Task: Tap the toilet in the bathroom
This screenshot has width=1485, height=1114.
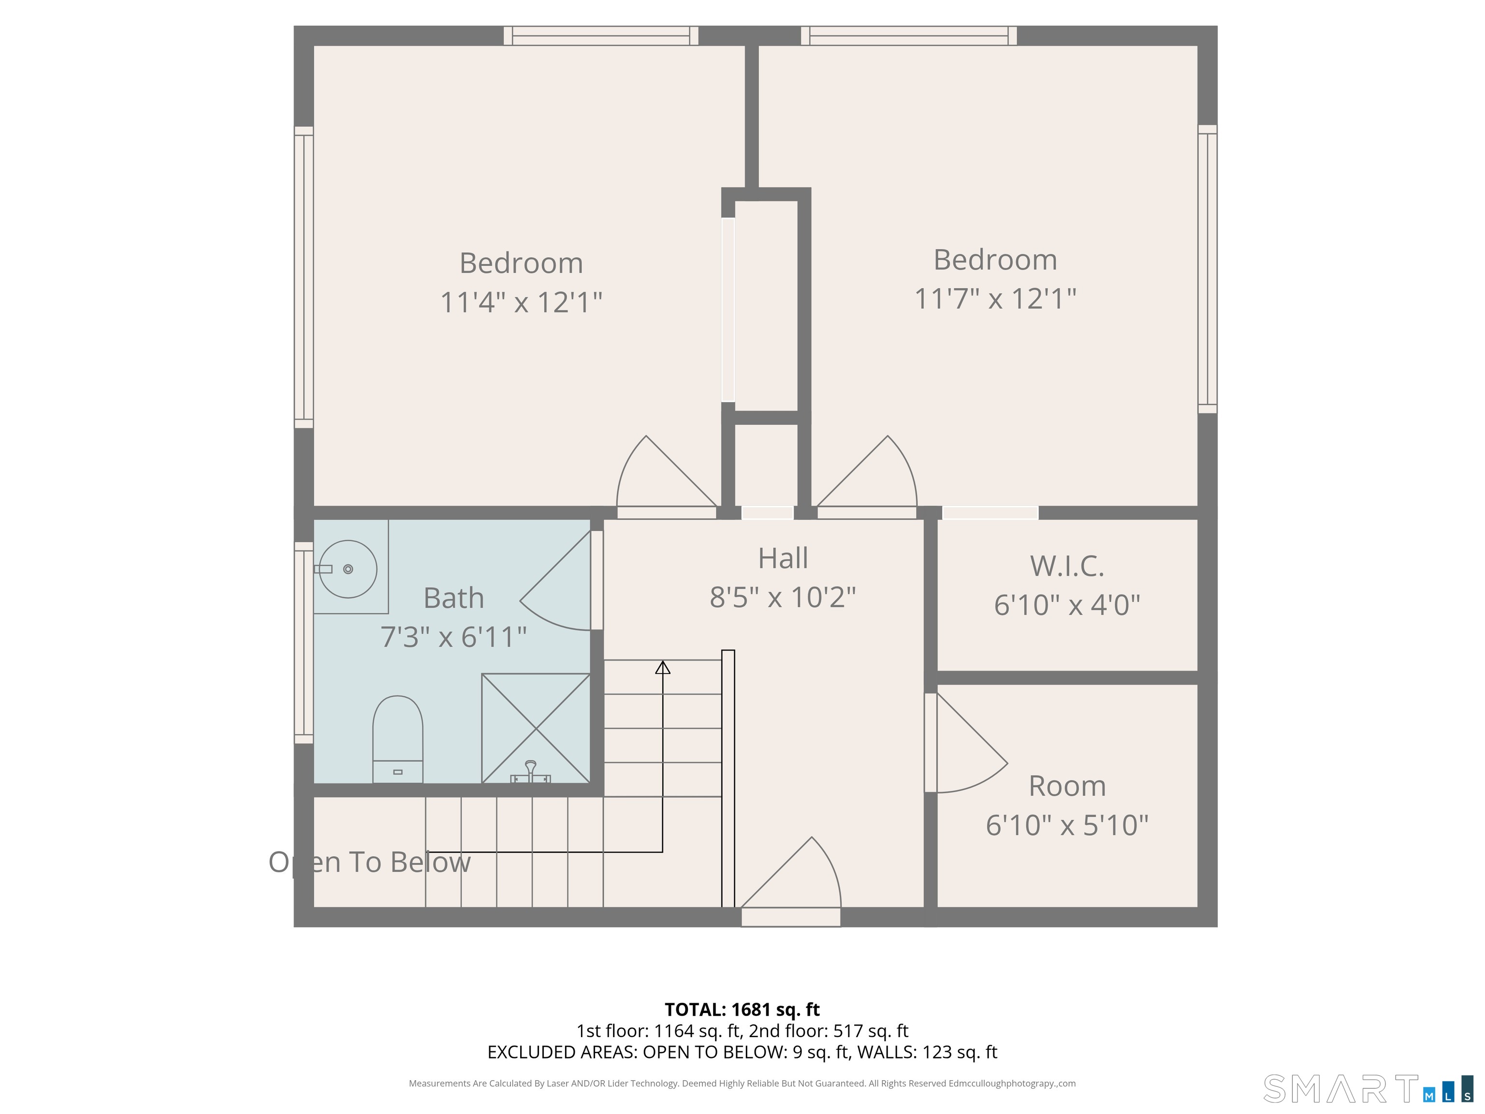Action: [x=397, y=739]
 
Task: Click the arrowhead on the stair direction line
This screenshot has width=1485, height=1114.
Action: [x=663, y=667]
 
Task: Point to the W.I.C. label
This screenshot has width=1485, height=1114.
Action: [x=1067, y=566]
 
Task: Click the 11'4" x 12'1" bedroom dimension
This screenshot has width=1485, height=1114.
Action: [x=521, y=302]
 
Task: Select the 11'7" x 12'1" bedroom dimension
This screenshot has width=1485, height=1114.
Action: [x=995, y=299]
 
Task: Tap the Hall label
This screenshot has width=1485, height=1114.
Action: [x=783, y=558]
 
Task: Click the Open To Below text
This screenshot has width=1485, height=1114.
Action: [x=369, y=862]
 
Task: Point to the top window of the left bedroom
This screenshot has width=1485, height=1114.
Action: [x=601, y=36]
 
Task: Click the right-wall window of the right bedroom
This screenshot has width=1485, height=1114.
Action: [x=1207, y=269]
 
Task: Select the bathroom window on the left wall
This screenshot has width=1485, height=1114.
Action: [x=304, y=643]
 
